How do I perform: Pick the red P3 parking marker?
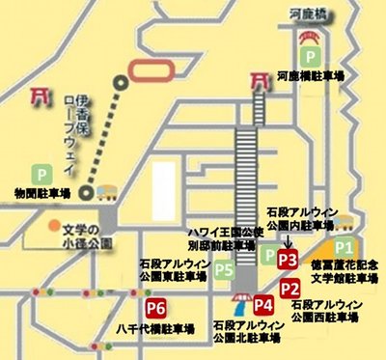(288, 260)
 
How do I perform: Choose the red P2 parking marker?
(289, 287)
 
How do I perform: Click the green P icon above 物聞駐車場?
(41, 174)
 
